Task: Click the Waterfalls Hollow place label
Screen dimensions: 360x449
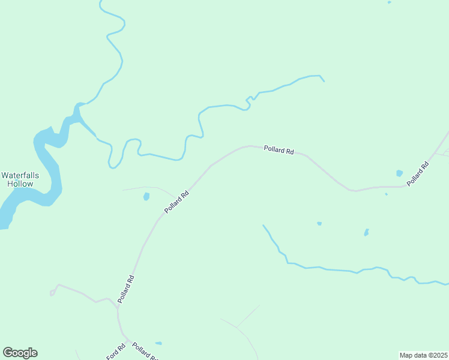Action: tap(20, 179)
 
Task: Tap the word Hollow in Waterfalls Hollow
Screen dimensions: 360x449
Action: tap(20, 184)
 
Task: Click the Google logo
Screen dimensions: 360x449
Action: tap(20, 353)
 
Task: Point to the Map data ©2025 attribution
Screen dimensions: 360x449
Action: tap(423, 355)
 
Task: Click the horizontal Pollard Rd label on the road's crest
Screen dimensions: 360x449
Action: tap(279, 151)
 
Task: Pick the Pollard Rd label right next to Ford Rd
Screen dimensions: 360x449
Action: tap(145, 352)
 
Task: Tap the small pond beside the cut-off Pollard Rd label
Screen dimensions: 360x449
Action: tap(158, 343)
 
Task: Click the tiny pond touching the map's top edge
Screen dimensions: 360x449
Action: tap(389, 2)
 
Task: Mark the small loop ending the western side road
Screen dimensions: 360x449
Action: tap(52, 293)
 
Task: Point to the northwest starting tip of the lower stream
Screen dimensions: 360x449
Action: tap(263, 226)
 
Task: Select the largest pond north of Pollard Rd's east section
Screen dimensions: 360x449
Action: tap(400, 173)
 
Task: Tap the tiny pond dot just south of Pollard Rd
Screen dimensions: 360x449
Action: tap(386, 194)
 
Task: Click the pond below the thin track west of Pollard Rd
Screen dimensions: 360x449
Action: tap(146, 196)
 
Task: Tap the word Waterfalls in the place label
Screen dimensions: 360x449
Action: tap(20, 175)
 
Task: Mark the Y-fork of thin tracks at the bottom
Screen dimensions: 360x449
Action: tap(237, 328)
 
